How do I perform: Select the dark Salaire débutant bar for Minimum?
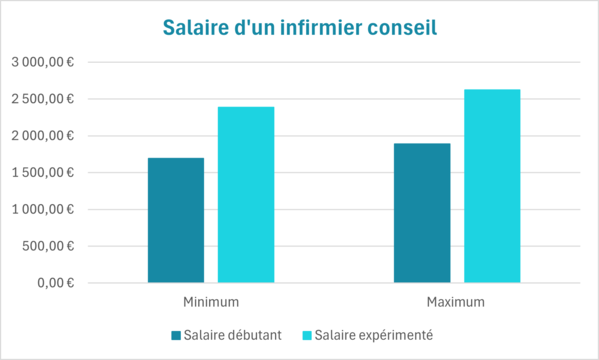coord(176,220)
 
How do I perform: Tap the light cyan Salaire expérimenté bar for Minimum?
coord(246,195)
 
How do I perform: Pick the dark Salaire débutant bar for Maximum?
coord(422,213)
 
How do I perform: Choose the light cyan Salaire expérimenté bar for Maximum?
coord(492,186)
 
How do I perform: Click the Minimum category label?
coord(211,301)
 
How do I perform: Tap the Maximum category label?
coord(456,301)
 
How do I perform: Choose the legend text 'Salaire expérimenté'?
coord(373,334)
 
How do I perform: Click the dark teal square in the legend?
coord(176,334)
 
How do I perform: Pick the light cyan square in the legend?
coord(307,334)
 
